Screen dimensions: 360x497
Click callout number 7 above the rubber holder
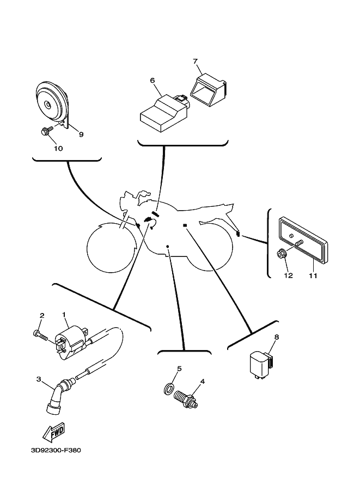point(195,61)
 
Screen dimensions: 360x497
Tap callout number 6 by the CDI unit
point(152,80)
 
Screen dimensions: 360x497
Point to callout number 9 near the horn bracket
point(81,134)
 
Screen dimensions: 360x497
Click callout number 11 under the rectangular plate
point(313,275)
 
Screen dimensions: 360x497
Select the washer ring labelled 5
point(170,388)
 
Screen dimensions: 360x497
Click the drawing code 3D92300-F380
point(56,450)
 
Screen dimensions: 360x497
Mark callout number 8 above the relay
point(277,337)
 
